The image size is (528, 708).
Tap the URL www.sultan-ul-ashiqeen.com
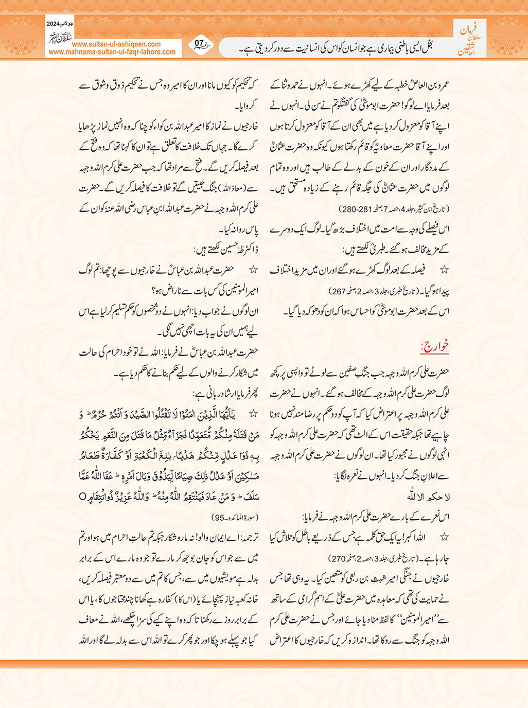click(x=116, y=44)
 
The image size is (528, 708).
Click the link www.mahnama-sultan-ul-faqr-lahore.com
click(x=112, y=52)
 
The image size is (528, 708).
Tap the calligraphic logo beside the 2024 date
click(x=59, y=38)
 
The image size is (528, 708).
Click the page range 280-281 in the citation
click(x=354, y=209)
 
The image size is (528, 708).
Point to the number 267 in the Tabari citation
click(x=338, y=291)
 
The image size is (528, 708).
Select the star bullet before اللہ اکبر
click(x=444, y=537)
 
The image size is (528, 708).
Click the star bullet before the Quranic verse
click(x=253, y=414)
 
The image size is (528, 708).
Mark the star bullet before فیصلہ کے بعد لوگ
click(x=444, y=270)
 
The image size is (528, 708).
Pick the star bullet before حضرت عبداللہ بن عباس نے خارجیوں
click(x=253, y=270)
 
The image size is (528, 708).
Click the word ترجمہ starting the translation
click(x=248, y=538)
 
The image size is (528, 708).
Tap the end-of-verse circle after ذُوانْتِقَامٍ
click(x=82, y=497)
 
